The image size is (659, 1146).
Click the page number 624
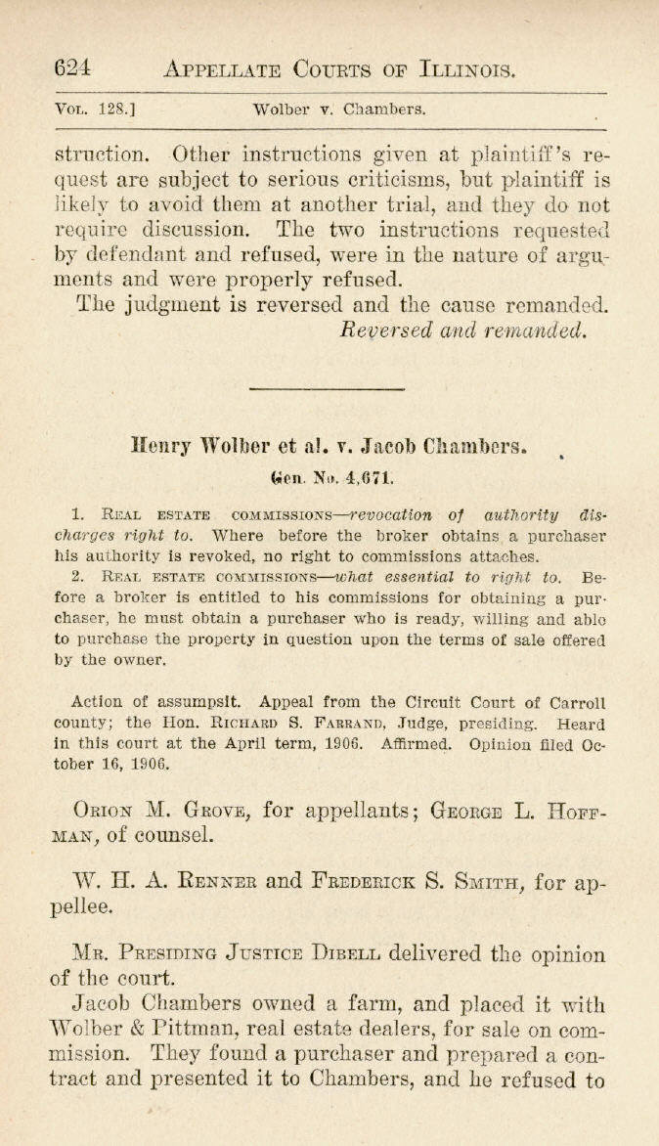pos(73,67)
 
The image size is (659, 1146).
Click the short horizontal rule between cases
pos(327,389)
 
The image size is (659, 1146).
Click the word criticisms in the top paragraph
pos(421,180)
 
